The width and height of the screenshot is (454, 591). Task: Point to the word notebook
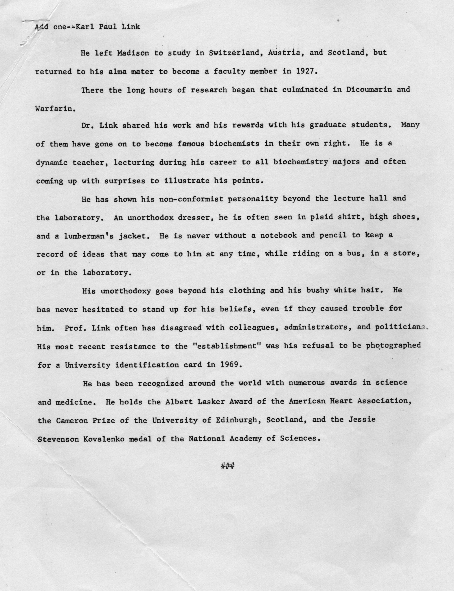point(278,235)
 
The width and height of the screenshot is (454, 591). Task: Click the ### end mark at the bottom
point(227,466)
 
